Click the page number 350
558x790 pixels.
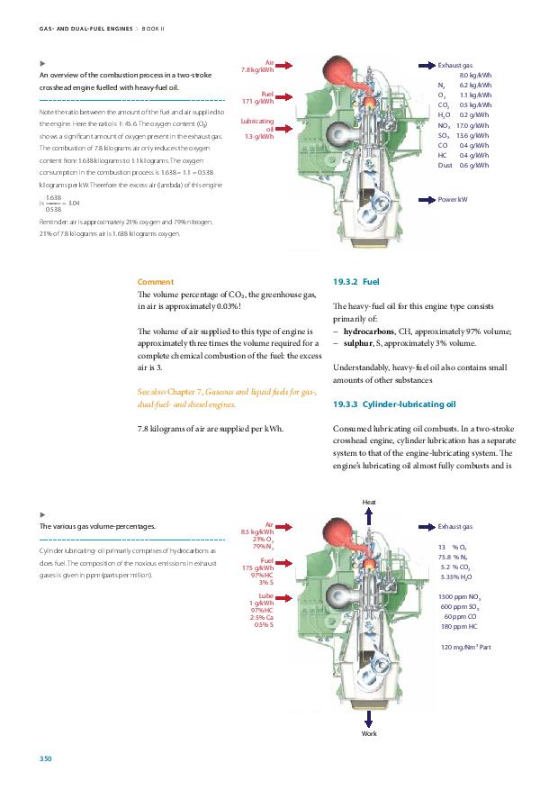[45, 759]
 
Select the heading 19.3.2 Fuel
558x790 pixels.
[358, 282]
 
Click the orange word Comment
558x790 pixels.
[155, 282]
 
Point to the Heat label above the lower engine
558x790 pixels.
[369, 501]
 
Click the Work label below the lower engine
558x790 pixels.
[369, 734]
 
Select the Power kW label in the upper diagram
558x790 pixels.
[452, 198]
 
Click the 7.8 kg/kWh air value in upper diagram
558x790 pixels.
[257, 70]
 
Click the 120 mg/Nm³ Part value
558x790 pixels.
[465, 648]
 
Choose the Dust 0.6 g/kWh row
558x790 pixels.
[464, 166]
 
